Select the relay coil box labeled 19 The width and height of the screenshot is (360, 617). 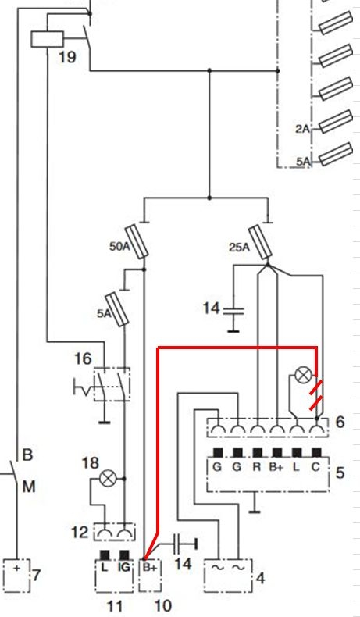point(47,39)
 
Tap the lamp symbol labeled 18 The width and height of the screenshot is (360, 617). point(107,479)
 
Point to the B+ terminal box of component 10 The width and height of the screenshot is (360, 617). point(150,575)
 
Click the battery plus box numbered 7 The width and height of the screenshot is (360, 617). point(17,575)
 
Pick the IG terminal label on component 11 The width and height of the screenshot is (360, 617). point(123,568)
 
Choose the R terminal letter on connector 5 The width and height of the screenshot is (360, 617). point(258,468)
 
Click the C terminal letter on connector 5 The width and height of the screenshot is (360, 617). point(316,468)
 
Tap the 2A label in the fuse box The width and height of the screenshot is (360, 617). point(302,129)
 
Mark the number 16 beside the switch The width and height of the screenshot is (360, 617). point(83,358)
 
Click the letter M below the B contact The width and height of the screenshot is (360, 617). point(29,487)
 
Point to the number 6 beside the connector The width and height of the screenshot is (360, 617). point(340,422)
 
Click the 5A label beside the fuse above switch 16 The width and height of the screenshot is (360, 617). point(105,314)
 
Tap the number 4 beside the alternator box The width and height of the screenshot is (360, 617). point(260,578)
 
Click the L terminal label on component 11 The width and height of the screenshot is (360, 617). point(105,568)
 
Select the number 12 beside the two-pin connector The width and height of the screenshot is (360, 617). point(80,533)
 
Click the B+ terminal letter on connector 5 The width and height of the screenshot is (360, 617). point(276,468)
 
